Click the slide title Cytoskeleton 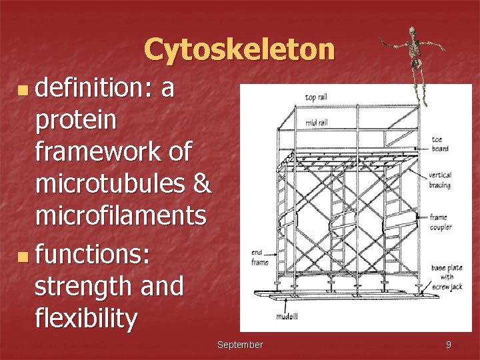point(239,49)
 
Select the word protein point(75,121)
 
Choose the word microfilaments point(120,215)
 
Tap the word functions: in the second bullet point(93,254)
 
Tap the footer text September point(240,345)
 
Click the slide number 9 point(448,345)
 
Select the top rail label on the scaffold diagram point(315,98)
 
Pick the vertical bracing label point(440,180)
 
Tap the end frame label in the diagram point(260,257)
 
